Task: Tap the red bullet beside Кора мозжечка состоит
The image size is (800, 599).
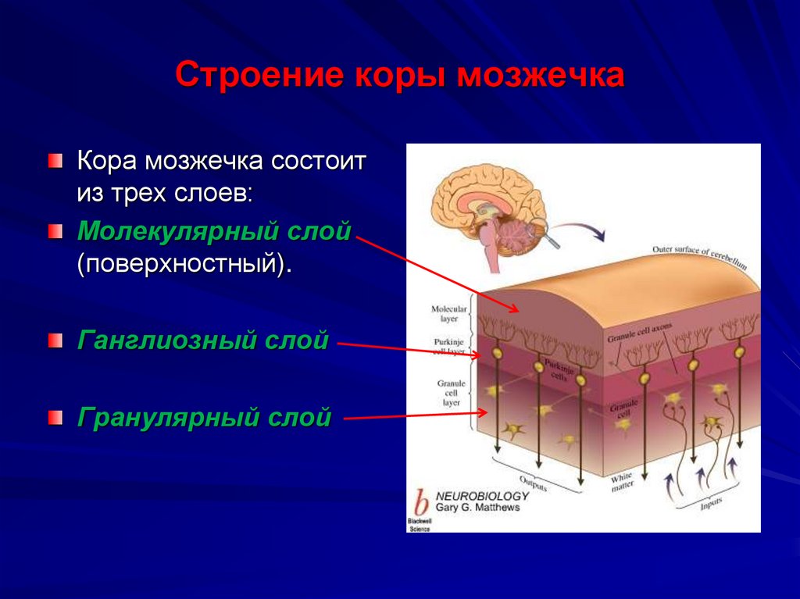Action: click(x=54, y=162)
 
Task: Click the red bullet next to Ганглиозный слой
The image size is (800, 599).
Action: click(x=54, y=341)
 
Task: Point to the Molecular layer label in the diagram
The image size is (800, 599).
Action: click(x=449, y=313)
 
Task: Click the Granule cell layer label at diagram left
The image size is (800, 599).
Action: click(x=452, y=392)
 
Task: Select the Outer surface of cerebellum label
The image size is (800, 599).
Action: click(x=699, y=257)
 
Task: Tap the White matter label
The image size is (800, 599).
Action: click(x=621, y=480)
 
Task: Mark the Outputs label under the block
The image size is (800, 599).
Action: click(x=533, y=483)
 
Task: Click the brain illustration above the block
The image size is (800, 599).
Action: click(x=488, y=215)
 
